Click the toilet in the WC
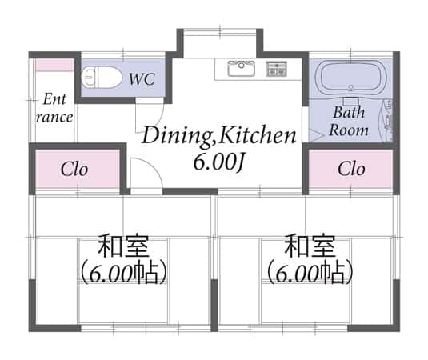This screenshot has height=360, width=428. pyautogui.click(x=102, y=78)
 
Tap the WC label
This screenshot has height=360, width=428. pyautogui.click(x=142, y=79)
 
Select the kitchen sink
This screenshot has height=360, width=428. pyautogui.click(x=242, y=69)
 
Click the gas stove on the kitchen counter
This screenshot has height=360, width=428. pyautogui.click(x=277, y=69)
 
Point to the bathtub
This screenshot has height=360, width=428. pyautogui.click(x=350, y=78)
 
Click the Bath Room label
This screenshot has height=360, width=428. pyautogui.click(x=349, y=121)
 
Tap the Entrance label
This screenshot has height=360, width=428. pyautogui.click(x=54, y=108)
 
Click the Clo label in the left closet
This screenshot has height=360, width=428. pyautogui.click(x=74, y=169)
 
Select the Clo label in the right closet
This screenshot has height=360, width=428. pyautogui.click(x=351, y=169)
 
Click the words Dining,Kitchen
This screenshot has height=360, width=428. pyautogui.click(x=219, y=136)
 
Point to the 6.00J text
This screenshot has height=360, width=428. pyautogui.click(x=218, y=162)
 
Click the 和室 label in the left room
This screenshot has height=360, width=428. pyautogui.click(x=123, y=246)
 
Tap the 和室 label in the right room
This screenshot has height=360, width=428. pyautogui.click(x=310, y=246)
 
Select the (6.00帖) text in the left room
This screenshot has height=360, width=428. pyautogui.click(x=123, y=274)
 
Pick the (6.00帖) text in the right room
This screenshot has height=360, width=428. pyautogui.click(x=310, y=274)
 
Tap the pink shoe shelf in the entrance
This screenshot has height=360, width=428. pyautogui.click(x=54, y=66)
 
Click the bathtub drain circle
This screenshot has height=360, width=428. pyautogui.click(x=351, y=88)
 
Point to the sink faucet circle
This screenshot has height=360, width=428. pyautogui.click(x=241, y=66)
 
